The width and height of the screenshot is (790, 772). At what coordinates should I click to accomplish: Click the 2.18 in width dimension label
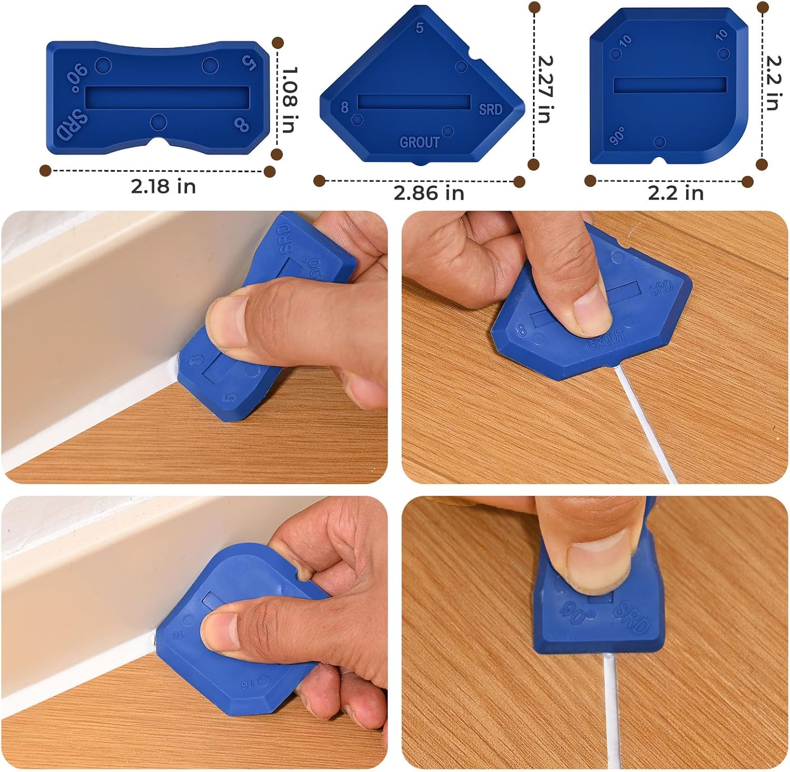tap(163, 186)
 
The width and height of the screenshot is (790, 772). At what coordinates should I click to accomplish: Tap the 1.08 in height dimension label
tap(289, 100)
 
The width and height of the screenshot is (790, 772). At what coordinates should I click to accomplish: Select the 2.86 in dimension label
tap(429, 193)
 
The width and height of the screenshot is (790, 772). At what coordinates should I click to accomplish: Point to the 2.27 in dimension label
tap(545, 89)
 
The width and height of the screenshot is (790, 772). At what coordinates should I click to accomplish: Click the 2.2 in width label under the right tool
tap(676, 193)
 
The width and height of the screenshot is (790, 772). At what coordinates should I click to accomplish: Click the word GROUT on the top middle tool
tap(419, 142)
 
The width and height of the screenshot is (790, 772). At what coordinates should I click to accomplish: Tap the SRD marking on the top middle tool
tap(490, 110)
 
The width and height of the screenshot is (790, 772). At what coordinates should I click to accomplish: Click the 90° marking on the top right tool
tap(617, 135)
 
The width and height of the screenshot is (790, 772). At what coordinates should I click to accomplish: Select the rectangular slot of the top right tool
tap(670, 85)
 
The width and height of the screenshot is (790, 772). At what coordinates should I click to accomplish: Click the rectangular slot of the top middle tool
tap(414, 102)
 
